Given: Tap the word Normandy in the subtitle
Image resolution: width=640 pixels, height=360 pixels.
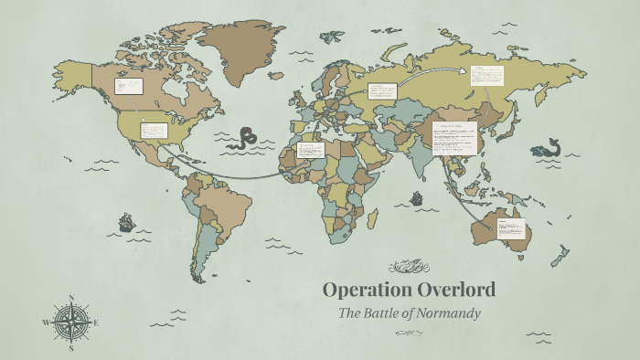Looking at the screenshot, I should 448,313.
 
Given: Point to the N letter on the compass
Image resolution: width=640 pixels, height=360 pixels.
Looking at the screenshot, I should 71,299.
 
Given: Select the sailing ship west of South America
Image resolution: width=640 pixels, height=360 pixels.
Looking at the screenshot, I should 125,221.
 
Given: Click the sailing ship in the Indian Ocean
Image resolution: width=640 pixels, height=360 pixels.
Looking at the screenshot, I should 417,197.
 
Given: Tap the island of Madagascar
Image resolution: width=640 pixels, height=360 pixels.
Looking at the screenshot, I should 373,217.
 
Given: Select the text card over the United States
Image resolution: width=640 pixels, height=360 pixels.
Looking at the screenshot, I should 153,130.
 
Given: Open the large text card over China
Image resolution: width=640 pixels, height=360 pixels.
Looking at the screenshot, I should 454,134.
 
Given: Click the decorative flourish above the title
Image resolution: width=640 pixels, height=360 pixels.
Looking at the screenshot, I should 408,267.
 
